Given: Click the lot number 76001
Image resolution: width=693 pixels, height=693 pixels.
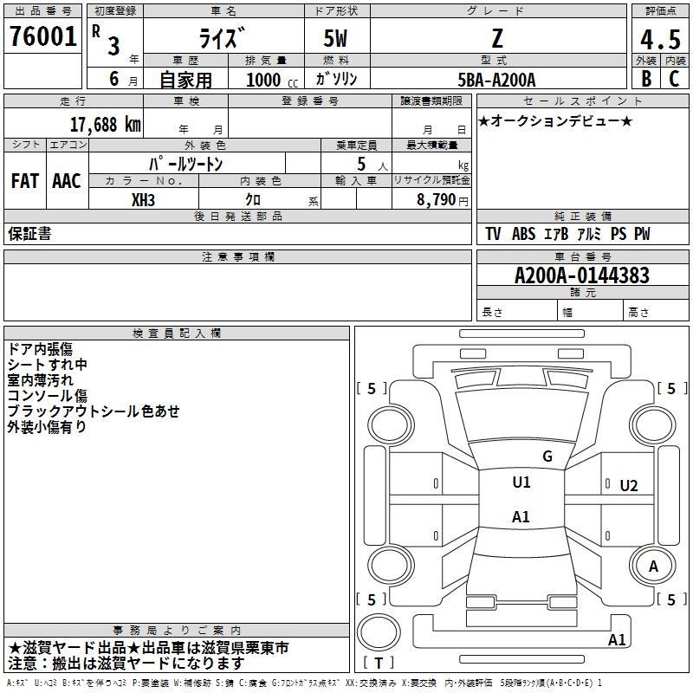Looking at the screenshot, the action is point(43,36).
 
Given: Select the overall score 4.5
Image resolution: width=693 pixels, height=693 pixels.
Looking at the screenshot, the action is point(660,39).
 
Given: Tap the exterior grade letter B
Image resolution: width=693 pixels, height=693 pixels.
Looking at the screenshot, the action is point(646,79).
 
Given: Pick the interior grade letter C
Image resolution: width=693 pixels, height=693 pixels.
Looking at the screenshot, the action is point(674,79).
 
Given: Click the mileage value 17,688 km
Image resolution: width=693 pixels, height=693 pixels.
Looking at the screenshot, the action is point(105,125).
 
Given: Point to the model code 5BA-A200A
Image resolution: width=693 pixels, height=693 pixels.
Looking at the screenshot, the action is point(496,80).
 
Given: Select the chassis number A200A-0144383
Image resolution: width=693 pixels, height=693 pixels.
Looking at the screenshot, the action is point(582,275).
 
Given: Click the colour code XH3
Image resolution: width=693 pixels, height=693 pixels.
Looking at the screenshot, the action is point(143,200).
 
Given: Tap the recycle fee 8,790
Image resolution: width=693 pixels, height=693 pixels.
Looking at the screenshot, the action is point(436,200).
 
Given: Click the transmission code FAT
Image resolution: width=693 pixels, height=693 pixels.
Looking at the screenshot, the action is point(25,181).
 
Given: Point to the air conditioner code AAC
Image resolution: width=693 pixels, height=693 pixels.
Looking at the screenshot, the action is point(67,181).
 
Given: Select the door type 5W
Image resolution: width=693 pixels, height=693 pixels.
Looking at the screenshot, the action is point(335,38).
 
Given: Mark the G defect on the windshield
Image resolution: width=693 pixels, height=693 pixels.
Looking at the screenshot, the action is point(547,457).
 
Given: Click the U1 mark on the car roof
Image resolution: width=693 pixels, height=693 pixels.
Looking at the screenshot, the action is point(521,483).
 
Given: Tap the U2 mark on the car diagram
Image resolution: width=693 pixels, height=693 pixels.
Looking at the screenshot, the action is point(629,486).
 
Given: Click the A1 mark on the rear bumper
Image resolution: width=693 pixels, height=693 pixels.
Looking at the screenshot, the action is point(617,639).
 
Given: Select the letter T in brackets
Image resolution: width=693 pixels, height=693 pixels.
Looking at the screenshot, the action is point(379,663).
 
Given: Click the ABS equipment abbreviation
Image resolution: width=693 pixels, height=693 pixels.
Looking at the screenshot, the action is point(523,234).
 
